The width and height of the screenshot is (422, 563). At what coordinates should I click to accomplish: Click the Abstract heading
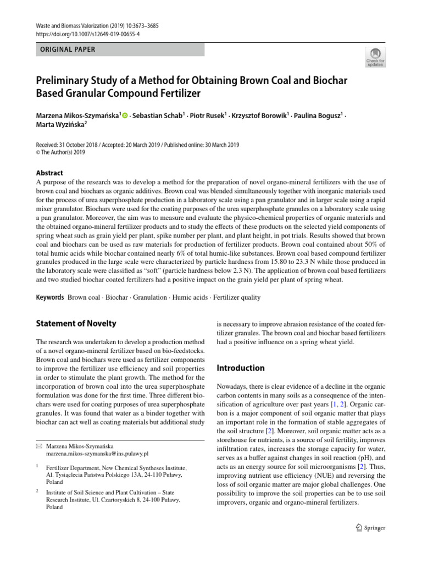coord(49,173)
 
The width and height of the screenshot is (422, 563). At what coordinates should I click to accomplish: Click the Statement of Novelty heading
coord(76,323)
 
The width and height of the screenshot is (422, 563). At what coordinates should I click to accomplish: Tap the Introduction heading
coord(241,368)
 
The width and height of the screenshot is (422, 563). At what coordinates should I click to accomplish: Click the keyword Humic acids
coord(190,297)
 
